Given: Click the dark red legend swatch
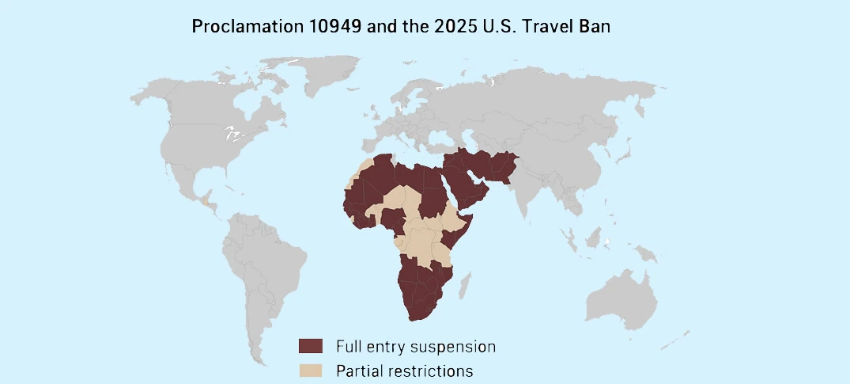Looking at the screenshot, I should (311, 346).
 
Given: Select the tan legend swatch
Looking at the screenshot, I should (311, 370).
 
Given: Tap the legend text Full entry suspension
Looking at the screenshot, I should (415, 346).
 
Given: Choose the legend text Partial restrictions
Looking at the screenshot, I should (404, 370).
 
